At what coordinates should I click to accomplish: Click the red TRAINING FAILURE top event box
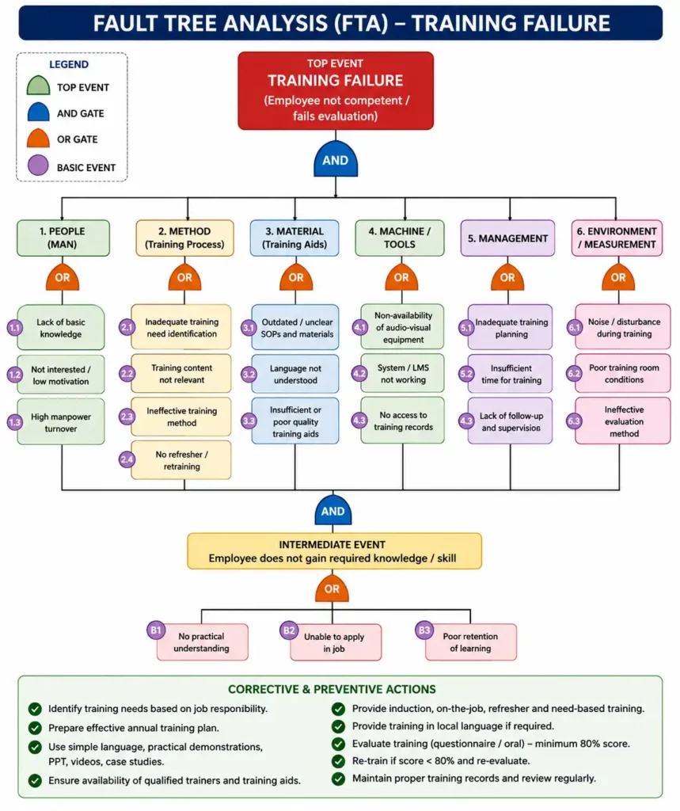click(x=336, y=90)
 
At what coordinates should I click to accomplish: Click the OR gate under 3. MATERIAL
click(x=296, y=278)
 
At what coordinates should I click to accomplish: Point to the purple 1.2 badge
click(x=14, y=375)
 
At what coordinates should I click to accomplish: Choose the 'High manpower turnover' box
click(x=60, y=422)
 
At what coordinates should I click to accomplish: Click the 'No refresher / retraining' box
click(x=181, y=460)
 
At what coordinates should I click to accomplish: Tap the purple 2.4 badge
click(x=127, y=459)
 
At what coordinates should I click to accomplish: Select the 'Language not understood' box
click(x=295, y=374)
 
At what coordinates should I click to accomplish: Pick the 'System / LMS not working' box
click(x=403, y=374)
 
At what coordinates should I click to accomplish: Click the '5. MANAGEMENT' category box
click(x=507, y=238)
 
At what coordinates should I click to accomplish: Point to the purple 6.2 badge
click(x=574, y=374)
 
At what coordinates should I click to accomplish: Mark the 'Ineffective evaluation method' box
click(x=623, y=421)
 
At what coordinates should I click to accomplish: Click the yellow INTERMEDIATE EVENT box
click(x=334, y=551)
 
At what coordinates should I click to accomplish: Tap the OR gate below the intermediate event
click(x=332, y=588)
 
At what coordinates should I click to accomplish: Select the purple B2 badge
click(x=289, y=630)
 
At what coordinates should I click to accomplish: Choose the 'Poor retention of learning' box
click(x=470, y=642)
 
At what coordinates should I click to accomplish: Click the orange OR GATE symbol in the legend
click(x=38, y=139)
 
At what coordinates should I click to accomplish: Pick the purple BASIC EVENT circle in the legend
click(x=38, y=166)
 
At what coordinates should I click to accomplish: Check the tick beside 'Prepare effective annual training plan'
click(x=35, y=728)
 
